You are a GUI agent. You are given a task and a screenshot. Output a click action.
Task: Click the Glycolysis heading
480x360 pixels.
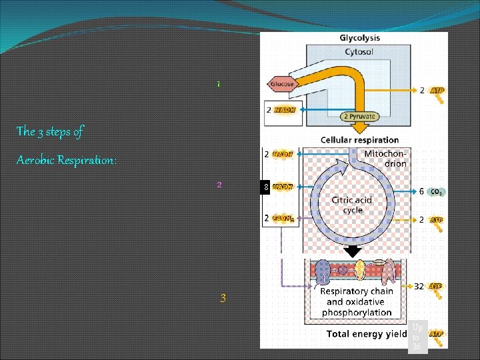pos(360,38)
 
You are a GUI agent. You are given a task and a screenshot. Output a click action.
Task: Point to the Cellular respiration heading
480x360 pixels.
pos(359,140)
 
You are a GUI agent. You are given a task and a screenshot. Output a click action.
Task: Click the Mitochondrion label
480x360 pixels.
pos(385,158)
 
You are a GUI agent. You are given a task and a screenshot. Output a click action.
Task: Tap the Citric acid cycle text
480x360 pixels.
pos(353,205)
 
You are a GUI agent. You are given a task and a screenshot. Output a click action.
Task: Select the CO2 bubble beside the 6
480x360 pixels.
pos(437,191)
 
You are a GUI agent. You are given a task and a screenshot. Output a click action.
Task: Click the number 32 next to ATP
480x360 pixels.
pos(419,287)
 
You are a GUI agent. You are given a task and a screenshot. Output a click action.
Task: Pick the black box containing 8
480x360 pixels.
pos(265,187)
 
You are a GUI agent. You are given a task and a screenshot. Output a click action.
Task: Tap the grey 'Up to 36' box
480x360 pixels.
pos(417,337)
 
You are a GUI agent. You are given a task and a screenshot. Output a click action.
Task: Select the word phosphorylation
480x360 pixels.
pos(358,312)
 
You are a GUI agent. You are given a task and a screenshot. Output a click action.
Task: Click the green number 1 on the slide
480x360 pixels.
pos(217,85)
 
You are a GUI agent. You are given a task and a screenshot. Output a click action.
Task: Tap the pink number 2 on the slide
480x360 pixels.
pos(219,185)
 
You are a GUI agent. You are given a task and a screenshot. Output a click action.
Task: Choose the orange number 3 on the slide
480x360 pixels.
pos(223,298)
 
